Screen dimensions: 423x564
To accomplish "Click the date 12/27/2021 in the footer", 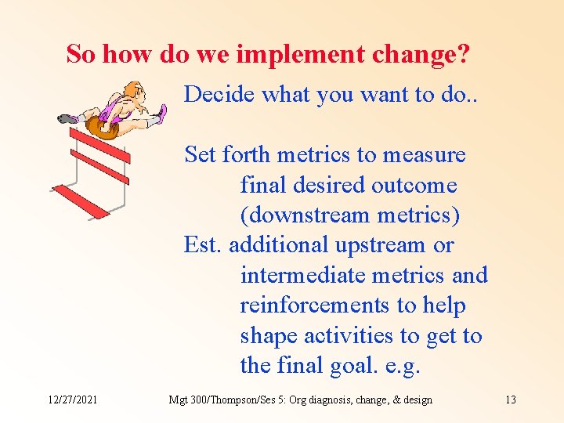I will click(x=71, y=399).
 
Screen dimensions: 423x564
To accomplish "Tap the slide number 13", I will click(x=510, y=399).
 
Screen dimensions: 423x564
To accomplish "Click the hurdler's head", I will click(x=136, y=92).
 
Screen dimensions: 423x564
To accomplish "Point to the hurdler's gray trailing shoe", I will click(x=68, y=119).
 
